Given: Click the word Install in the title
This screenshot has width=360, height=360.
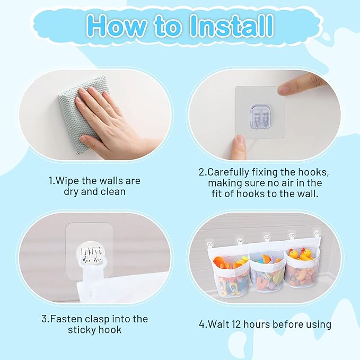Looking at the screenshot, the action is (232, 25).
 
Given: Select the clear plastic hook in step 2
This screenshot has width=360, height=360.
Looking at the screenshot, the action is (260, 116).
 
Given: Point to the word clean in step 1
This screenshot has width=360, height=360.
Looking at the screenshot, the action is (113, 192).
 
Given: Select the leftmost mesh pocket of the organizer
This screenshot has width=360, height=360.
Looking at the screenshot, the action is (231, 278).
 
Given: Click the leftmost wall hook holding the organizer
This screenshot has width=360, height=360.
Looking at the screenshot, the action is (210, 243).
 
